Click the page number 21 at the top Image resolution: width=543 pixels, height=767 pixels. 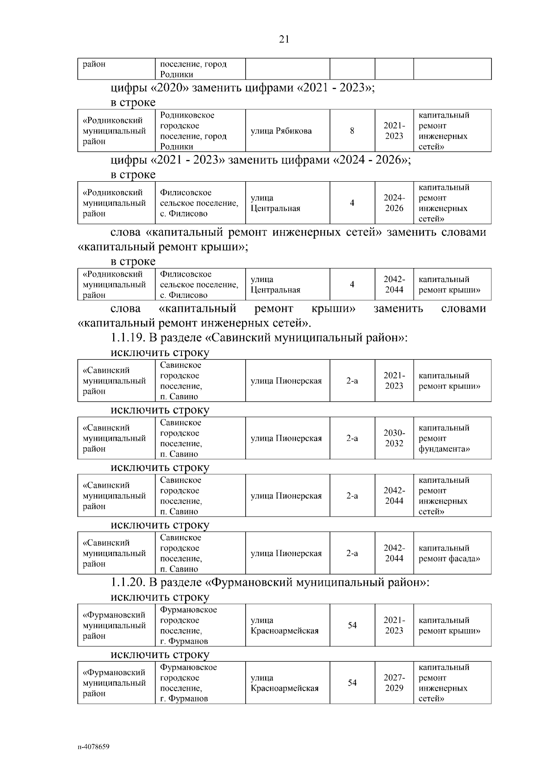pyautogui.click(x=284, y=39)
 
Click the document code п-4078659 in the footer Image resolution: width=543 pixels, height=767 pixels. pyautogui.click(x=93, y=746)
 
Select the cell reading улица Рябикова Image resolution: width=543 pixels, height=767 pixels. pyautogui.click(x=281, y=131)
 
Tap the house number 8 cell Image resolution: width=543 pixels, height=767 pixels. pyautogui.click(x=352, y=131)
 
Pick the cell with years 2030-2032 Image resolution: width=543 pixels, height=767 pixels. pyautogui.click(x=394, y=438)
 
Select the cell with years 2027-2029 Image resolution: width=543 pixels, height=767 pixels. pyautogui.click(x=394, y=683)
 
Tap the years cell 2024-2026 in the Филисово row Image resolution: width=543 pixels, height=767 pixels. pyautogui.click(x=394, y=203)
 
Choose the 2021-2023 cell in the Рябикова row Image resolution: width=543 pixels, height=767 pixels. pyautogui.click(x=394, y=131)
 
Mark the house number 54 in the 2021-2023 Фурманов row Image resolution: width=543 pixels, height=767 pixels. pyautogui.click(x=352, y=626)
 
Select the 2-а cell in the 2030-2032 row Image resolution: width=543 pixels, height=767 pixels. pyautogui.click(x=352, y=438)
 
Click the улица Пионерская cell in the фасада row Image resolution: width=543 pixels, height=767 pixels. pyautogui.click(x=286, y=553)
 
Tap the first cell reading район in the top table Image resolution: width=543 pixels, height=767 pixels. pyautogui.click(x=94, y=64)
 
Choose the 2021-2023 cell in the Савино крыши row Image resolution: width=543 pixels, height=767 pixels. pyautogui.click(x=394, y=381)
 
